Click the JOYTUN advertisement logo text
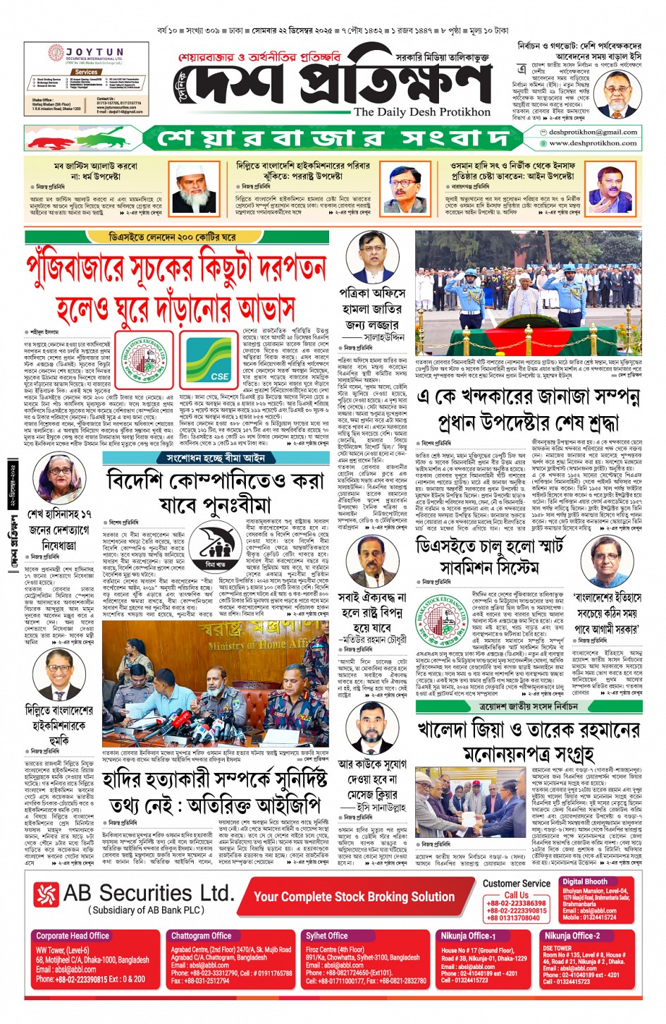(x=95, y=52)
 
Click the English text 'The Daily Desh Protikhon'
(x=422, y=111)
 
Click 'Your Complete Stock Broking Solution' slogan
(x=354, y=896)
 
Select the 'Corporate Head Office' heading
(x=73, y=936)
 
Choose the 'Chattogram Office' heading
(x=201, y=936)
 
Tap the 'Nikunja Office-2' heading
(x=572, y=936)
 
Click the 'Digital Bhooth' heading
(x=585, y=882)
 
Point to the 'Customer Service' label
(x=517, y=883)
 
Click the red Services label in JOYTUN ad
(x=86, y=72)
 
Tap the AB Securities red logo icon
(x=46, y=894)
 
